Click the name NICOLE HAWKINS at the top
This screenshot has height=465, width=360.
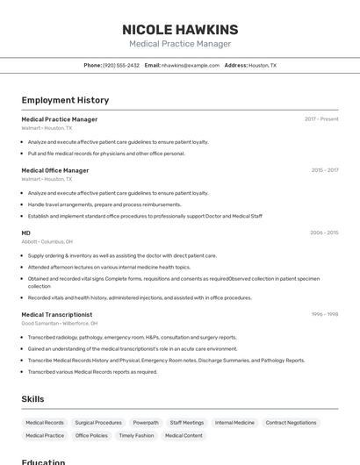point(180,30)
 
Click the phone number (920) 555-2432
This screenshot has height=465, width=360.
point(121,65)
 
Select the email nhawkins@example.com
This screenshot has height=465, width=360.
point(191,65)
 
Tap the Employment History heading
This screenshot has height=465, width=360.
point(65,101)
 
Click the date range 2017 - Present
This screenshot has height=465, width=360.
point(321,119)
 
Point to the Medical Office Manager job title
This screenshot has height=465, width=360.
point(55,170)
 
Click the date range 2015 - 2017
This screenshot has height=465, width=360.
point(324,170)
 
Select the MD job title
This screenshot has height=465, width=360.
point(26,232)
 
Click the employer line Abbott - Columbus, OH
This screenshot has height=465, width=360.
point(47,241)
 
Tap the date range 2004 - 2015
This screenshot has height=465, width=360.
point(324,232)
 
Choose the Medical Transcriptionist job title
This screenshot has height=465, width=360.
point(57,314)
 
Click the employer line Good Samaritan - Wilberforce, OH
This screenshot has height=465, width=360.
point(60,323)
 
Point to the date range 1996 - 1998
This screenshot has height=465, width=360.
point(324,314)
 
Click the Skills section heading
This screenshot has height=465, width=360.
point(33,399)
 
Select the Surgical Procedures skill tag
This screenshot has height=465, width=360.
point(98,423)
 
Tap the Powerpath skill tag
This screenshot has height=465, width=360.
point(146,423)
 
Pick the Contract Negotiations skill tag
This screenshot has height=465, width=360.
point(291,423)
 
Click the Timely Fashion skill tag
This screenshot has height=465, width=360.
point(136,435)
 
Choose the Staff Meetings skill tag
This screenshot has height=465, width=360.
point(187,423)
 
